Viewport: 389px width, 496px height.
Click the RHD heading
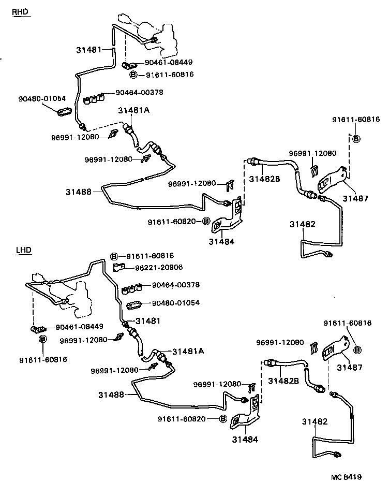click(21, 12)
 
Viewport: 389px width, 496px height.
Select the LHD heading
click(23, 250)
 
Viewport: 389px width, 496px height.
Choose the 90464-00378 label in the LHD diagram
click(175, 285)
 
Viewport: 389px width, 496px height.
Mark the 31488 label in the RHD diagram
click(78, 192)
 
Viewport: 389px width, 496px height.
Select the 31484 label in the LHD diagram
click(245, 439)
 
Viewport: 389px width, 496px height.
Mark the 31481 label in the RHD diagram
click(89, 50)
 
